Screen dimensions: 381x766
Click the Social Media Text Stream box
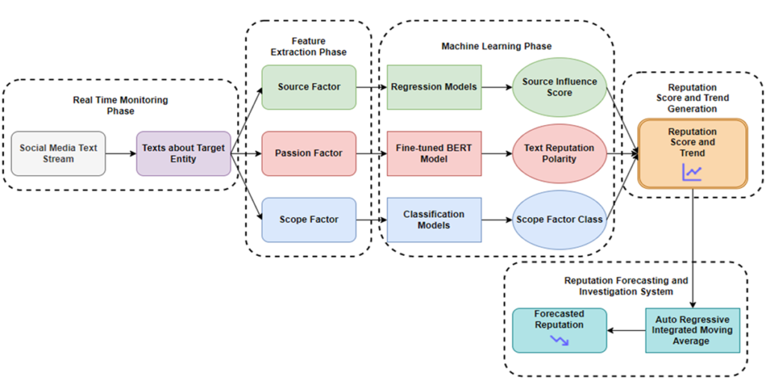tap(58, 153)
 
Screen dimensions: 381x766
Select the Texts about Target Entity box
tap(183, 153)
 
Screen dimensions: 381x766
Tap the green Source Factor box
tap(309, 87)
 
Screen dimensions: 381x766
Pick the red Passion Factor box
tap(309, 153)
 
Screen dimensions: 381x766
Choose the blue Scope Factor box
tap(309, 220)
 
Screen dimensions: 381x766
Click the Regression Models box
tap(434, 87)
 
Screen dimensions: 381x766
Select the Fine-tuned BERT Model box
tap(434, 153)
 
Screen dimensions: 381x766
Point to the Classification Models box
tap(434, 220)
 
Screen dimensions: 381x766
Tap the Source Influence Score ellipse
tap(559, 87)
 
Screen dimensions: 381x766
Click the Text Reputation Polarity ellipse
tap(559, 153)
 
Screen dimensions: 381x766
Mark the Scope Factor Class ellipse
tap(559, 220)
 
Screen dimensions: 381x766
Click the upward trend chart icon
tap(692, 173)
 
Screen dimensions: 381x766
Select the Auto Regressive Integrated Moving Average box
tap(692, 330)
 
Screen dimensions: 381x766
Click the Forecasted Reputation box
tap(559, 330)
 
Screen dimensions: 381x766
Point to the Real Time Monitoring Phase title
tap(120, 106)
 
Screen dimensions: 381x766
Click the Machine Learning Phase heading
tap(496, 46)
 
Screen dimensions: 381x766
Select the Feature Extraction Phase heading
tap(308, 46)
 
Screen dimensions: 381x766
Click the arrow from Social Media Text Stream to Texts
tap(120, 153)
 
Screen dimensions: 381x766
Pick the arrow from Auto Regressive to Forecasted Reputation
tap(625, 330)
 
